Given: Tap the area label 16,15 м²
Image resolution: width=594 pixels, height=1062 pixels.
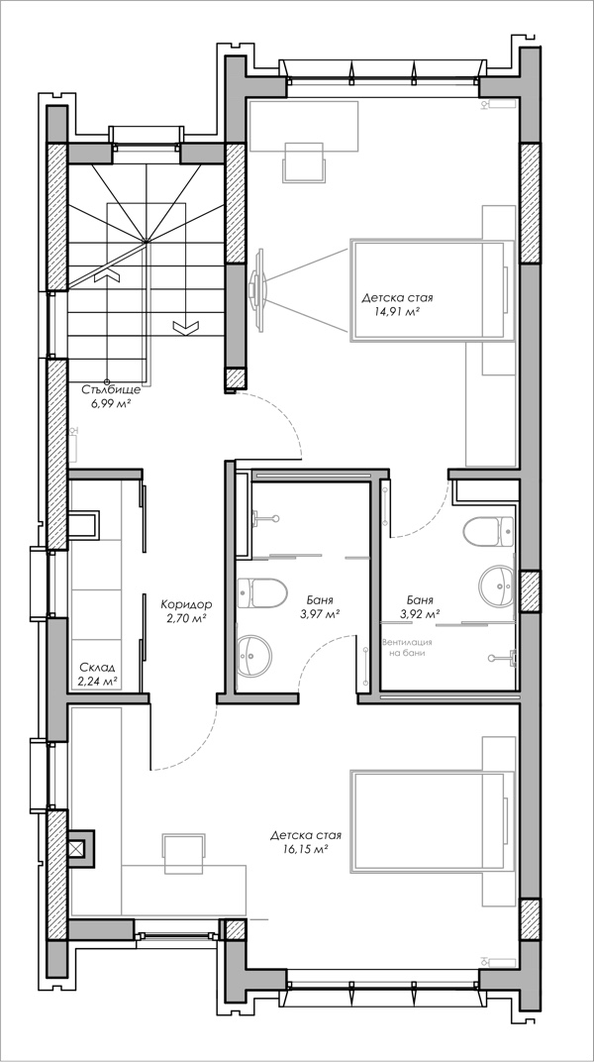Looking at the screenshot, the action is [304, 848].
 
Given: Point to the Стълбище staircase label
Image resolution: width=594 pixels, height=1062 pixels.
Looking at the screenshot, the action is [112, 390].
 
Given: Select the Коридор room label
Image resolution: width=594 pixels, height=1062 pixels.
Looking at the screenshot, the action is [187, 603].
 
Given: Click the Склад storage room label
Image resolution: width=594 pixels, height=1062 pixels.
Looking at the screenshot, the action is [97, 667].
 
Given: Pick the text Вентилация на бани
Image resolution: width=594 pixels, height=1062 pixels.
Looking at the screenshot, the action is [407, 648].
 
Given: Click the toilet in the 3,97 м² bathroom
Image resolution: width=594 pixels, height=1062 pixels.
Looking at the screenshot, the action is [262, 592].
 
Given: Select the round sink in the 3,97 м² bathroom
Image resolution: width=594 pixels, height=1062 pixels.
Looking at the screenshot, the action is [254, 654].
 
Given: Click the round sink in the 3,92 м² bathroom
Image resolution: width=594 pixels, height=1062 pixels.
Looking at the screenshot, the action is [497, 584].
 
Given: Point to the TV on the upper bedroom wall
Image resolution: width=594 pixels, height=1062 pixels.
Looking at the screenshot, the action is [257, 291].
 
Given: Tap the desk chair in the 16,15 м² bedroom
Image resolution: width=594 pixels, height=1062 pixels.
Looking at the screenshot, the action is [184, 854].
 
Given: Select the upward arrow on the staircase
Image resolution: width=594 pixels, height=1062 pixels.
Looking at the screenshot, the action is [106, 274].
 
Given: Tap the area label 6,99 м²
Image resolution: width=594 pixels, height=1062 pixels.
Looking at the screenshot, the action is [111, 403].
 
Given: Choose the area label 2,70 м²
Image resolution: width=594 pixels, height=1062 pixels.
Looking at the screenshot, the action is [185, 618].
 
